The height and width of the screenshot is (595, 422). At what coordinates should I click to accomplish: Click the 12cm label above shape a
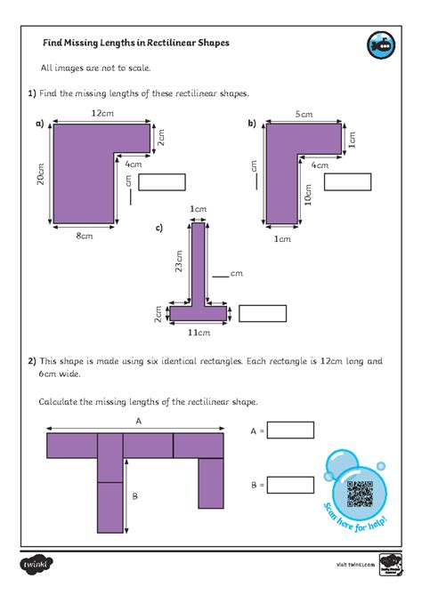click(102, 113)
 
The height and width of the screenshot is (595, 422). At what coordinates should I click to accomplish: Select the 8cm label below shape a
click(84, 236)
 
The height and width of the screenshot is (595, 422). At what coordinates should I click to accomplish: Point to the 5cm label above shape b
click(304, 114)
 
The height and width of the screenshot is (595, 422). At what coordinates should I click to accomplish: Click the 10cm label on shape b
click(308, 194)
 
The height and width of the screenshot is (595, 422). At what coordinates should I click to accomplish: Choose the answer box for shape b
click(346, 182)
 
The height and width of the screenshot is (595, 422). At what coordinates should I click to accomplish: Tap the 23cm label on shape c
click(181, 262)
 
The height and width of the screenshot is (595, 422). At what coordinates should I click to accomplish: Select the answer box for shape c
click(263, 313)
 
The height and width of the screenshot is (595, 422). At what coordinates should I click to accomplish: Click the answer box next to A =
click(290, 430)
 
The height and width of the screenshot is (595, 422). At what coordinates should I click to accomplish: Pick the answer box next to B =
click(290, 486)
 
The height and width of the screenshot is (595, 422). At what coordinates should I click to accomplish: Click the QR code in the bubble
click(359, 493)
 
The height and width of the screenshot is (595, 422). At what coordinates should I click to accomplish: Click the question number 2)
click(31, 361)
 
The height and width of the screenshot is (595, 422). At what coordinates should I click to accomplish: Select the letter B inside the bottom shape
click(136, 496)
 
